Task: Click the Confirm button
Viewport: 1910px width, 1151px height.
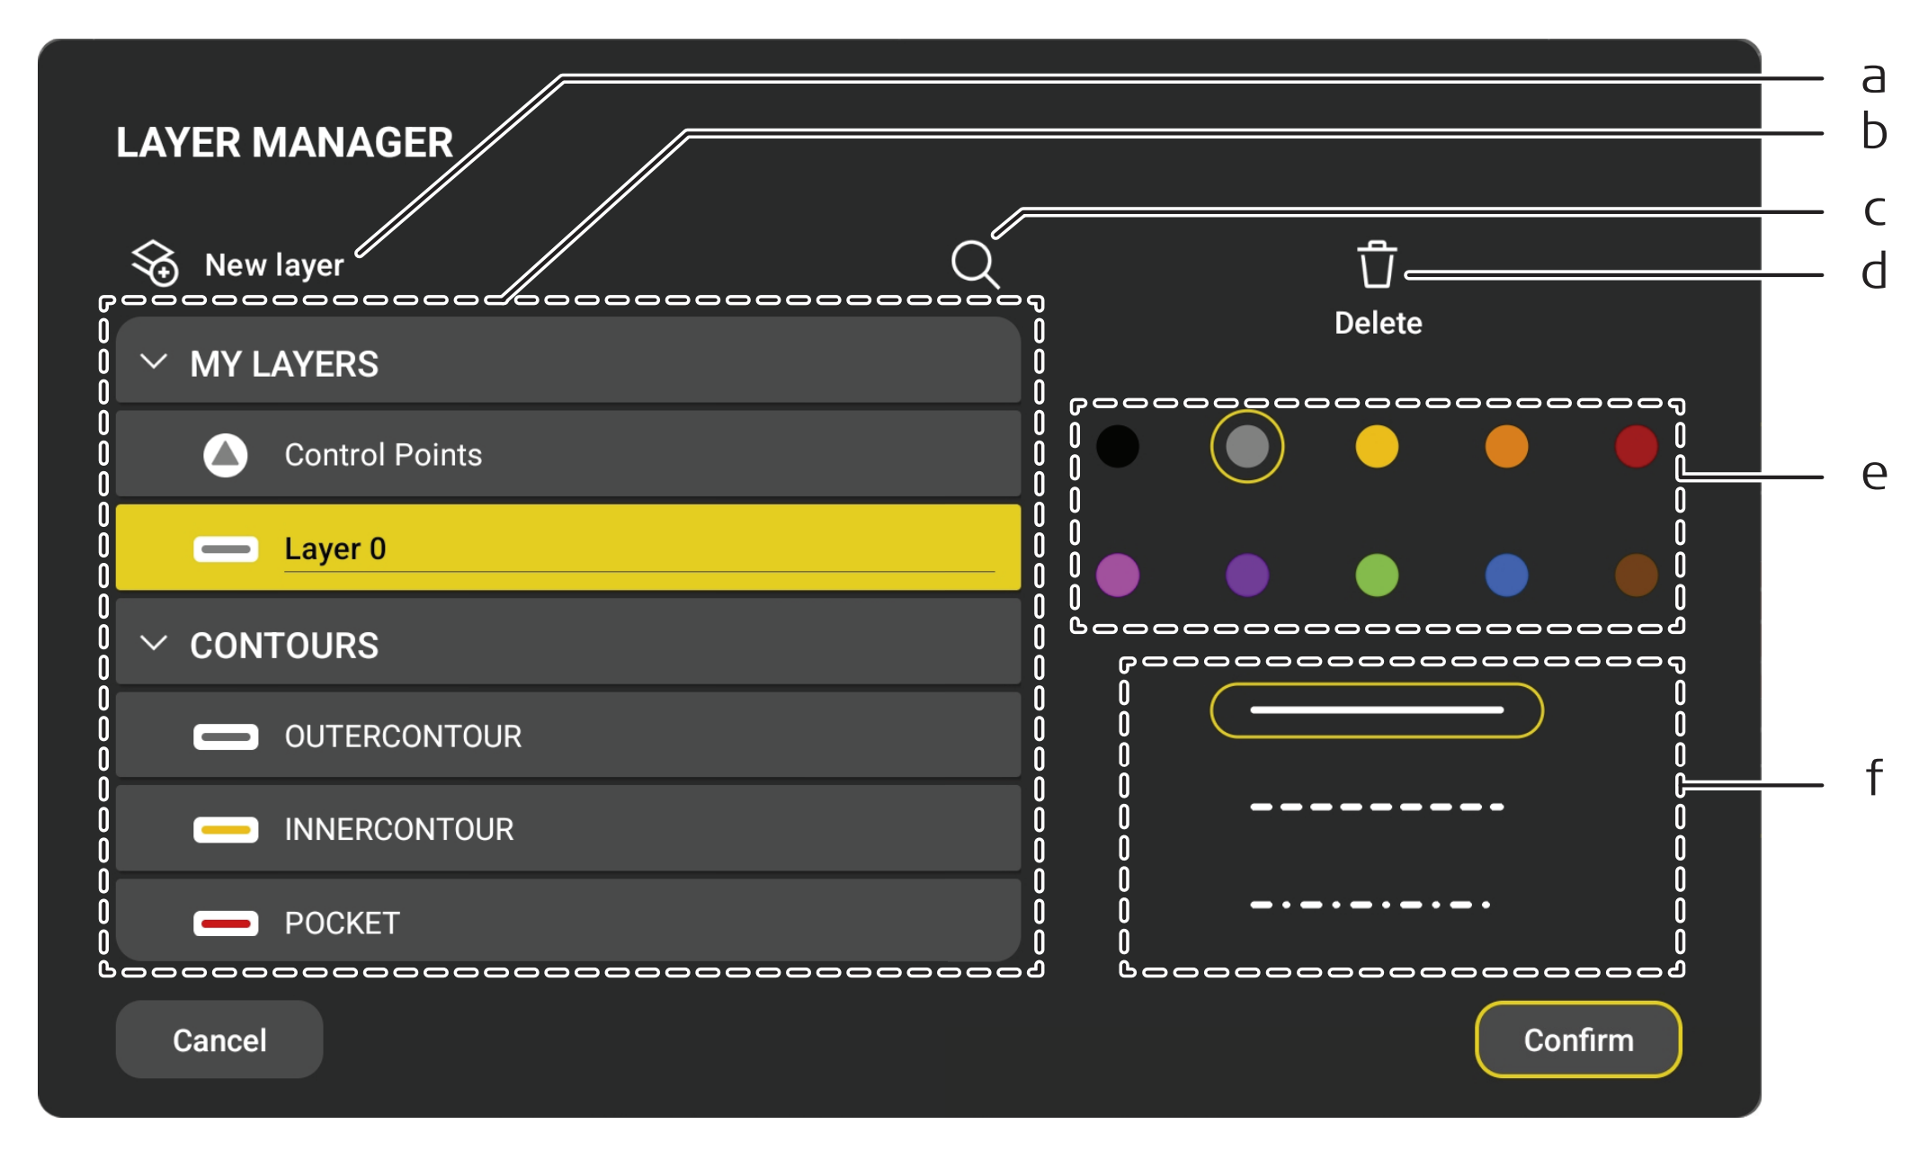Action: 1578,1039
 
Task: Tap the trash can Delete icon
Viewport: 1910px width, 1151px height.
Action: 1377,264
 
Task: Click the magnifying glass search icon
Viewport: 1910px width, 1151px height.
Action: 975,263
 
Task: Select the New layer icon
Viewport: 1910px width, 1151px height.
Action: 155,263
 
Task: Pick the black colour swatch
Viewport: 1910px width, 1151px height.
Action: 1118,447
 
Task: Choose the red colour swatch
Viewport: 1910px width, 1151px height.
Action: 1636,447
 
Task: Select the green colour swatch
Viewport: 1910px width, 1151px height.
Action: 1377,575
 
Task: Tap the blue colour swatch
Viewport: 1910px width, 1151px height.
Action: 1506,575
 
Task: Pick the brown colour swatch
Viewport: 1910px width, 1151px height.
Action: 1636,575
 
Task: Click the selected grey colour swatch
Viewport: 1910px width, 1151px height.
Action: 1247,447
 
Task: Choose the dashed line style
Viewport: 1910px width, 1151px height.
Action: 1377,807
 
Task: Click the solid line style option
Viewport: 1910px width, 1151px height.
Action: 1377,710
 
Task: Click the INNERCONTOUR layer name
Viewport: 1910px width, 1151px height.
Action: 399,829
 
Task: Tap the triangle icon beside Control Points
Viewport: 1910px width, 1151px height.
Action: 226,455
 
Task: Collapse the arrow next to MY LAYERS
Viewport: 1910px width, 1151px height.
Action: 155,362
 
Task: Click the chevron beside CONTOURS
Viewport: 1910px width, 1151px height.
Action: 155,644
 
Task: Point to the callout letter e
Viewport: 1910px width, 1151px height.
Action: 1874,474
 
